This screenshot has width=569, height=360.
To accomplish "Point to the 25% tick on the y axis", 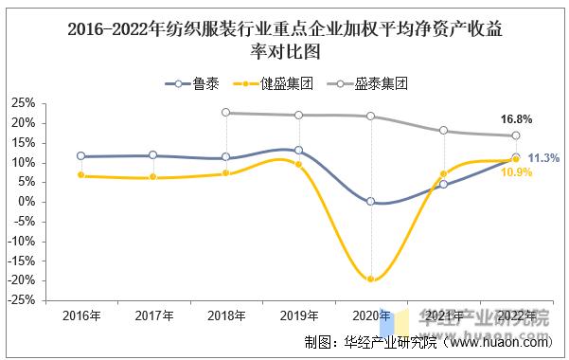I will click(26, 103).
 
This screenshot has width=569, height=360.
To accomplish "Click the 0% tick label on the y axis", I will click(28, 202).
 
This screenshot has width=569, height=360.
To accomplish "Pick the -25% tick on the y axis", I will click(24, 300).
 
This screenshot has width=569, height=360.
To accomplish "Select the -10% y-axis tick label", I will click(24, 242).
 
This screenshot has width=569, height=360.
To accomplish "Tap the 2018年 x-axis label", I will click(226, 315).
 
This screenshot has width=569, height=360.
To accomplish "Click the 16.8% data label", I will click(515, 120).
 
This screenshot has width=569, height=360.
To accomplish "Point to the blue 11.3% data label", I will click(543, 158).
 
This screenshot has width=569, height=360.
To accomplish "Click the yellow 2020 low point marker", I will click(371, 279).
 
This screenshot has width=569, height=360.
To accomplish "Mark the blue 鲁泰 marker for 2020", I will click(371, 202).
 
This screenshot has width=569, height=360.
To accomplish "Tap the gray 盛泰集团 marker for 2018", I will click(226, 113).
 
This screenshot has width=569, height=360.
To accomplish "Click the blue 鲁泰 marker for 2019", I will click(299, 150).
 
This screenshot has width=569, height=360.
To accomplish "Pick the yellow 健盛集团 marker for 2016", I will click(80, 175).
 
